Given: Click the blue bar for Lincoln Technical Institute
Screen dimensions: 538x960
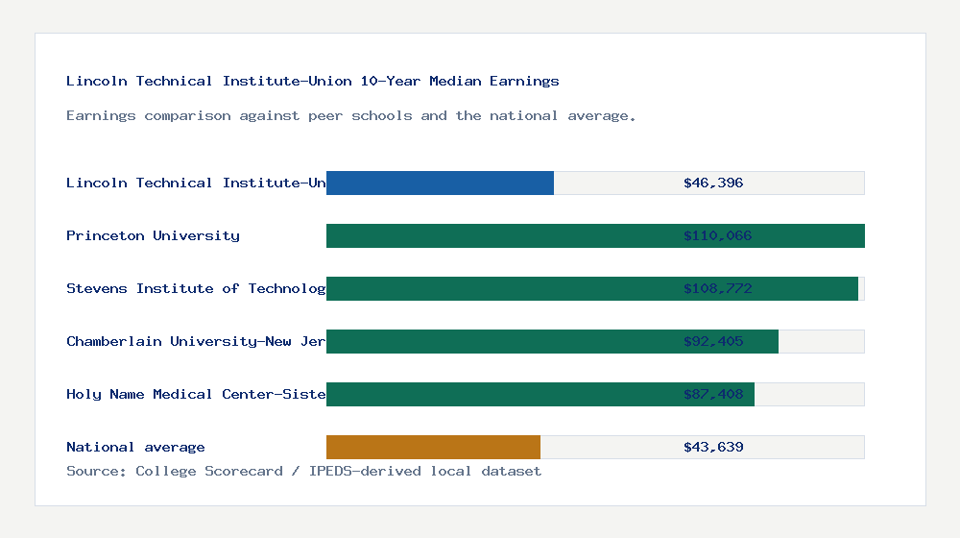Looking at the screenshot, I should [440, 183].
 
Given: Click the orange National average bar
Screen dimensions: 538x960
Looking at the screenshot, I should [433, 447].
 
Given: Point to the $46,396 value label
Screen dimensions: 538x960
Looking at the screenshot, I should [713, 183].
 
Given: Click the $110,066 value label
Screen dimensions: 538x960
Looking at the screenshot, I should [717, 235].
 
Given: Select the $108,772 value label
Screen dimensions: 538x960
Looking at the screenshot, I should [717, 288].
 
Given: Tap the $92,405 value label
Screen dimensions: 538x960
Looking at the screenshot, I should [713, 341].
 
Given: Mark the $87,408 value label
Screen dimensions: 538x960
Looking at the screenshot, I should [713, 394].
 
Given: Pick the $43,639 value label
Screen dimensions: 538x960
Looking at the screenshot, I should [713, 447].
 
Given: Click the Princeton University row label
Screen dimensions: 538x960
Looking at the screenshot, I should [153, 235].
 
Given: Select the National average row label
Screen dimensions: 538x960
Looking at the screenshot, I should [135, 447].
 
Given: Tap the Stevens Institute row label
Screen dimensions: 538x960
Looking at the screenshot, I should [196, 288].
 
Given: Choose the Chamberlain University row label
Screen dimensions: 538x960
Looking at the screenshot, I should [196, 341].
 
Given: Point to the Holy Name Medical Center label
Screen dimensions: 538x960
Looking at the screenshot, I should [196, 394].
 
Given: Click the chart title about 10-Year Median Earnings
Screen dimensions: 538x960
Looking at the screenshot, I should [312, 81].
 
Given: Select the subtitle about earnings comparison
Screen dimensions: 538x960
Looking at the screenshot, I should [350, 115].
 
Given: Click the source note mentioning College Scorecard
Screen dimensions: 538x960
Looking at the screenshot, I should [303, 471].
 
